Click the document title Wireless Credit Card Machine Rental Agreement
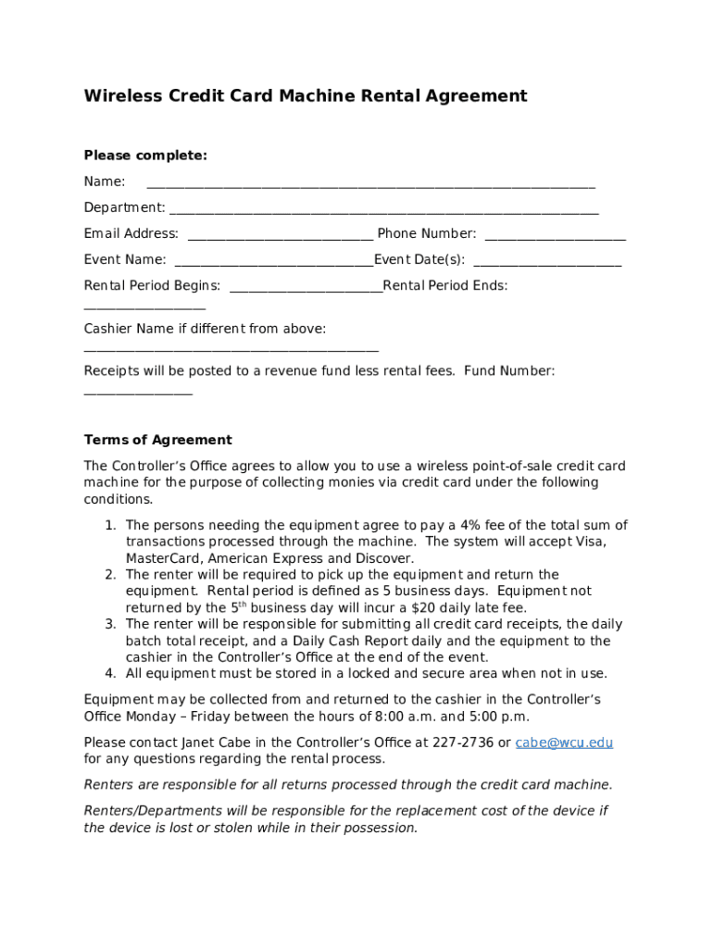click(306, 96)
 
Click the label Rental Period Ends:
click(445, 286)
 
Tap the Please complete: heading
click(145, 156)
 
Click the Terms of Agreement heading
click(157, 440)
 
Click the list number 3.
click(109, 625)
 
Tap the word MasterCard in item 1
click(163, 558)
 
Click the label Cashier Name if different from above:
click(205, 329)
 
